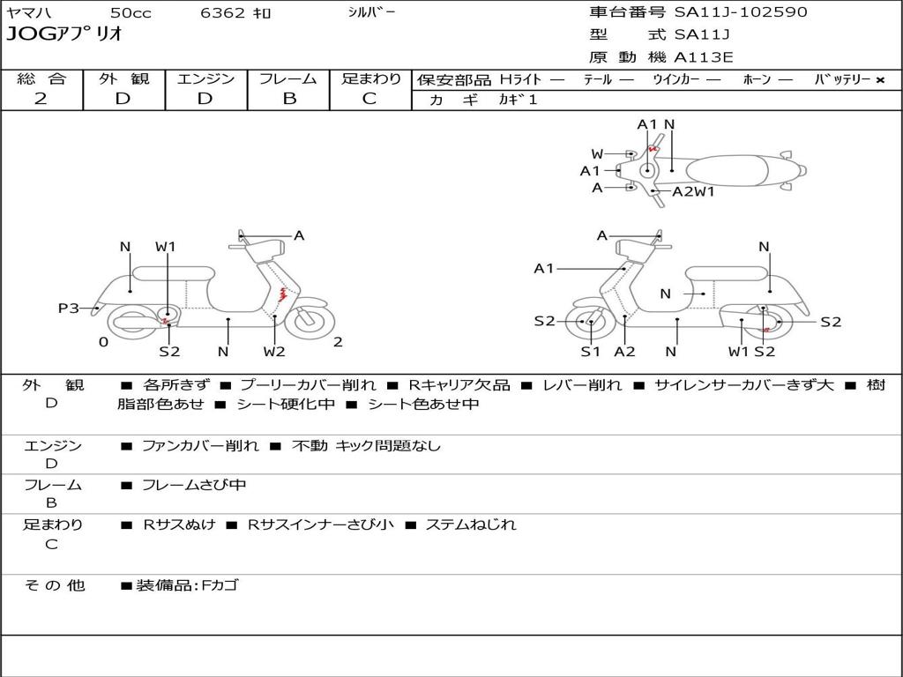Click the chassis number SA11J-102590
click(x=741, y=12)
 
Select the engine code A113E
click(x=703, y=57)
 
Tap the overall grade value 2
click(x=41, y=99)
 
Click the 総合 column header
click(x=41, y=78)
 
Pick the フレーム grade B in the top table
click(x=289, y=99)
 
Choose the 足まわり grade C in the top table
click(x=369, y=99)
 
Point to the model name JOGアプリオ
click(x=64, y=33)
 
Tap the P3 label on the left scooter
click(x=69, y=308)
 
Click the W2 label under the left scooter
click(x=274, y=351)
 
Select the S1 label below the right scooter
click(x=590, y=351)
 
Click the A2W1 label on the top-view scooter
click(x=693, y=191)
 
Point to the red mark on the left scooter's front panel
click(x=283, y=294)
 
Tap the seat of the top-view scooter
click(x=727, y=172)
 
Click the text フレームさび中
click(x=194, y=486)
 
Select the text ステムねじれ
click(x=471, y=524)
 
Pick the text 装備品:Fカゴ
click(x=187, y=585)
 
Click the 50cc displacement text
click(x=131, y=12)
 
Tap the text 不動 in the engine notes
click(x=310, y=445)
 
